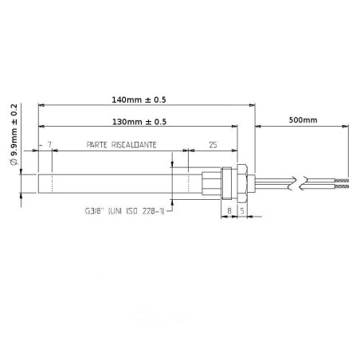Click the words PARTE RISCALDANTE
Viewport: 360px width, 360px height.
120,145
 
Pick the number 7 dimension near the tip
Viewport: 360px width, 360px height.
49,145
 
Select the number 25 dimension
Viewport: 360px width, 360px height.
213,145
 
